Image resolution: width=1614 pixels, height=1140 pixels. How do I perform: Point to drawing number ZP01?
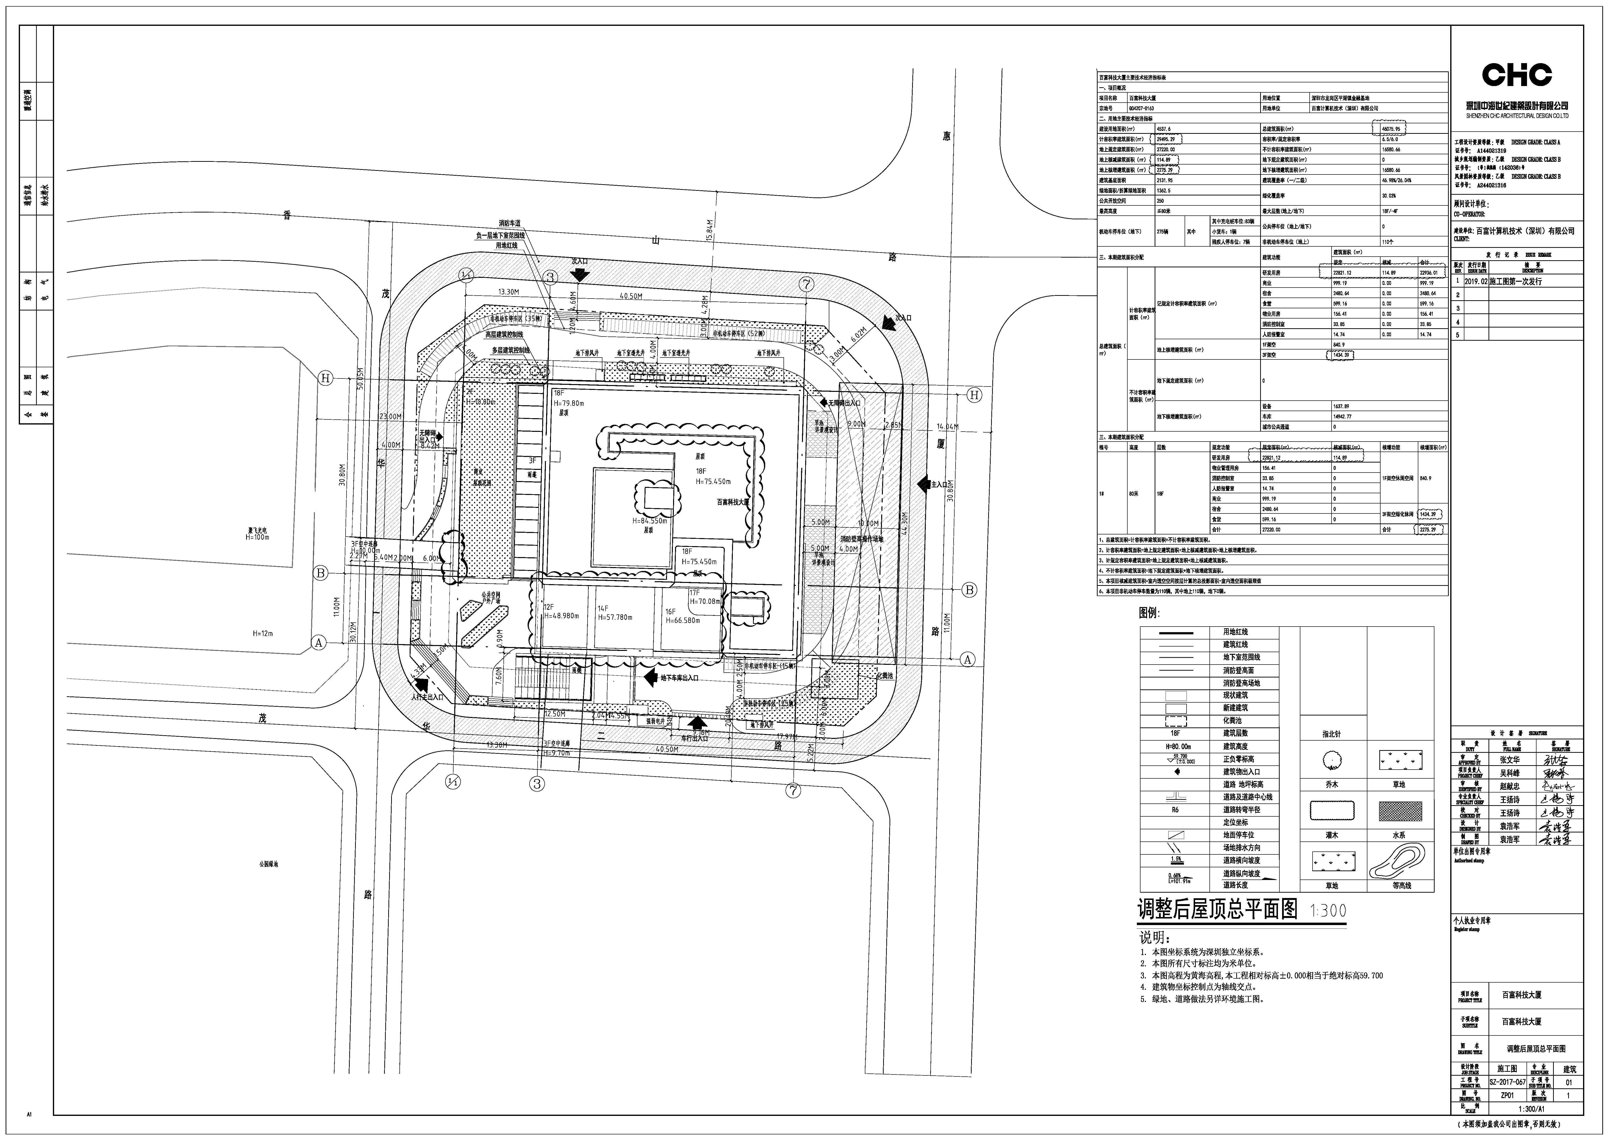1507,1095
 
